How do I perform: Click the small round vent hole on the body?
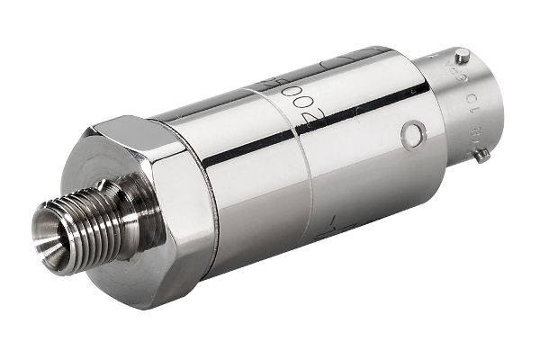pos(413,136)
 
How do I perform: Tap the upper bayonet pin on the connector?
pos(462,55)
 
